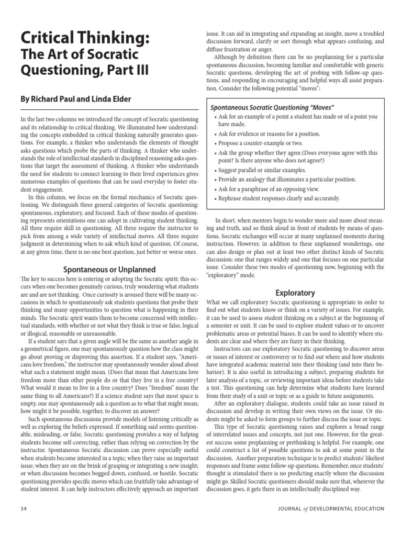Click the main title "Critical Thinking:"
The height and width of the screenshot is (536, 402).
[85, 38]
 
